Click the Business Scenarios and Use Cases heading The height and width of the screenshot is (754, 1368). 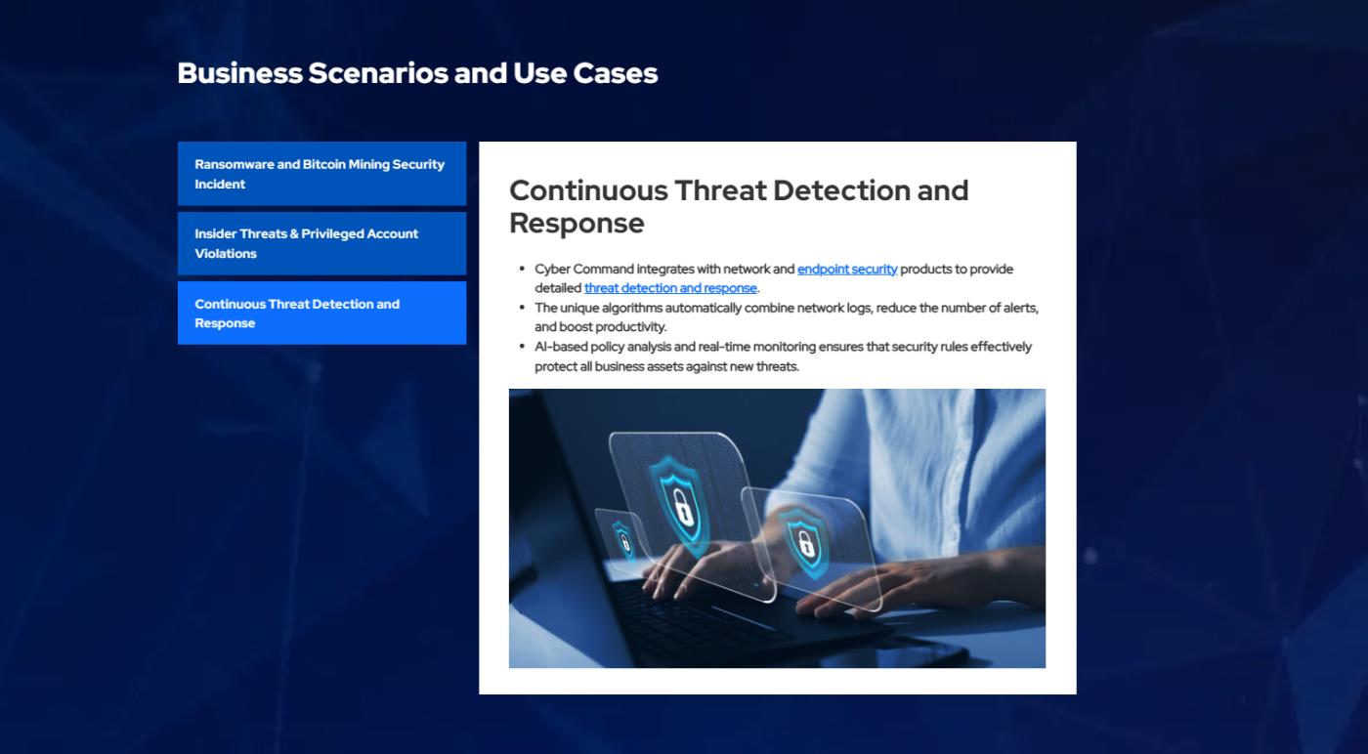pos(417,73)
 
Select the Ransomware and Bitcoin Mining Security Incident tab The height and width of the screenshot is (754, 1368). pos(321,174)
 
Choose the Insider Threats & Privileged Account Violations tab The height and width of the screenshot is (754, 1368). pos(321,243)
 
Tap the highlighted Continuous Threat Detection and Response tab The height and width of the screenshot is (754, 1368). pos(321,313)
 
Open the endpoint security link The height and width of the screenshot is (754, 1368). pos(847,269)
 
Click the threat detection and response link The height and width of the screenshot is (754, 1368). pos(670,287)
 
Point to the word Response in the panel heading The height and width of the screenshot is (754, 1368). pos(577,224)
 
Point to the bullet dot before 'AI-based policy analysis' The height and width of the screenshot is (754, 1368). pos(522,346)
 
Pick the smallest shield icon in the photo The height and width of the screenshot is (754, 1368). pos(623,540)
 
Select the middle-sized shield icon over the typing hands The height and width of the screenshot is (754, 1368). pos(805,540)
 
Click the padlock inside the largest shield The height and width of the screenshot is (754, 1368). pos(683,506)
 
